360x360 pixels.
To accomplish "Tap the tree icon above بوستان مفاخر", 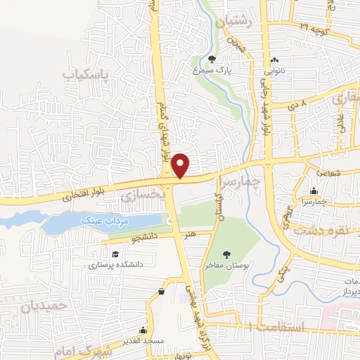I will click(226, 255).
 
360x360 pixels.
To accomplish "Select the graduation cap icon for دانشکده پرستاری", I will click(114, 254).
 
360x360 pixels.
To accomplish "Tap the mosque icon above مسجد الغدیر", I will click(143, 329).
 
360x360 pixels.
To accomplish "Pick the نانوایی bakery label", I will click(275, 71).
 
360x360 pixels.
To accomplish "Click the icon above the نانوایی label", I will click(275, 60).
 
